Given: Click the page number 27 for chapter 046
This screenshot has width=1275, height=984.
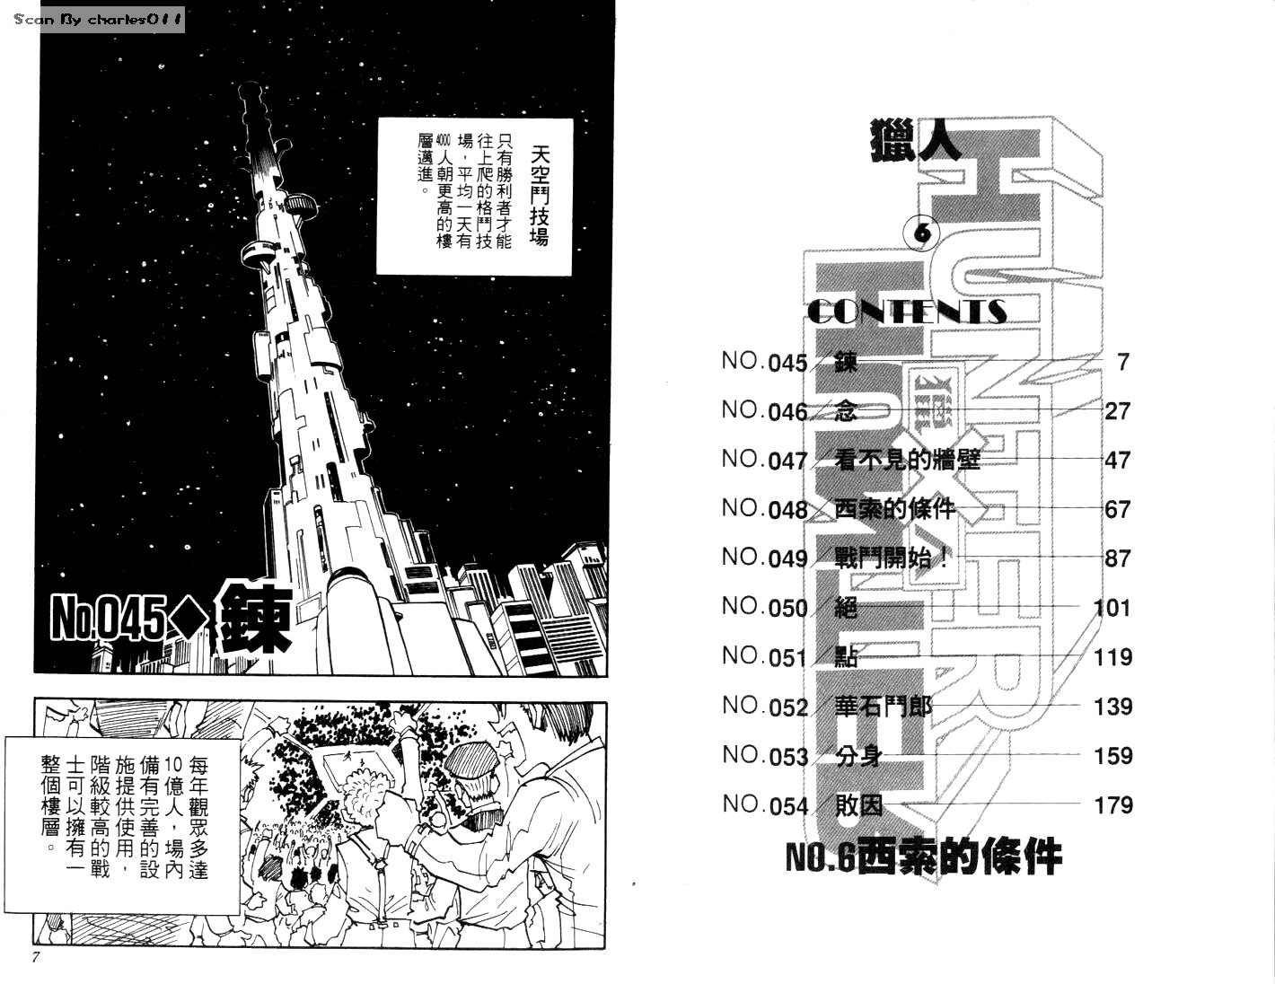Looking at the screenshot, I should pos(1117,411).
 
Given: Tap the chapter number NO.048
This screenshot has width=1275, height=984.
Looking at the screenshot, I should pos(764,509).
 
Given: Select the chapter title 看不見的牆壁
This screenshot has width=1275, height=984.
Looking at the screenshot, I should pos(907,460).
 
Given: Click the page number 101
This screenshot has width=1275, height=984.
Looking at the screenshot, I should pos(1112,608).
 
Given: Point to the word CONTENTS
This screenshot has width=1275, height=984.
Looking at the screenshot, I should pos(906,312).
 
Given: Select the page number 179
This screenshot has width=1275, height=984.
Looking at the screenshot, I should pos(1112,805).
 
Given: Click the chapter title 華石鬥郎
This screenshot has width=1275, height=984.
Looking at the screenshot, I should pos(883,707).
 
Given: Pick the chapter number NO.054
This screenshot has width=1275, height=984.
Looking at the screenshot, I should pos(765,805).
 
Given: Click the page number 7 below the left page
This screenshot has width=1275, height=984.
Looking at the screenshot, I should pos(36,957).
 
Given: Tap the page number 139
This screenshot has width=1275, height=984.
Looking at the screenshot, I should pos(1112,707).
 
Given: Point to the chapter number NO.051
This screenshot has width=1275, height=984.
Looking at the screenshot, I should pos(764,657).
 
